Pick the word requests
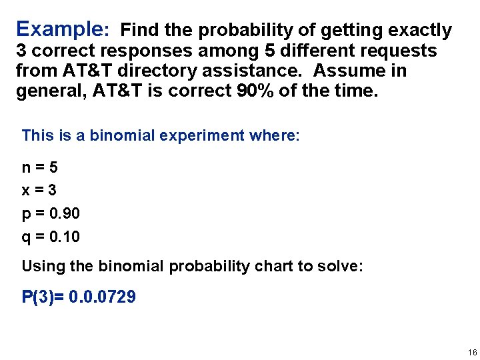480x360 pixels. (x=397, y=51)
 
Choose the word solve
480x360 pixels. (x=336, y=267)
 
